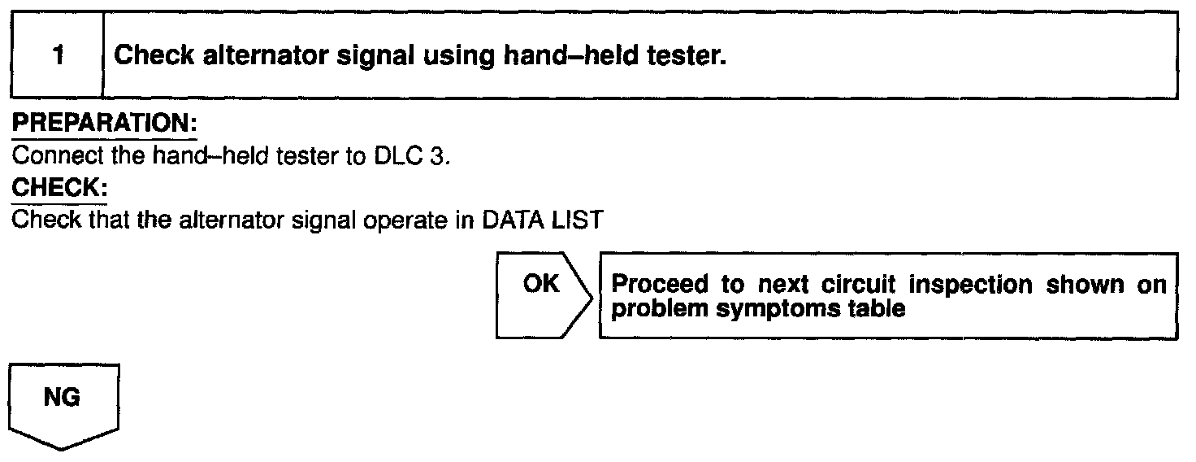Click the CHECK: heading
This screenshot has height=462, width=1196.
pos(58,188)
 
